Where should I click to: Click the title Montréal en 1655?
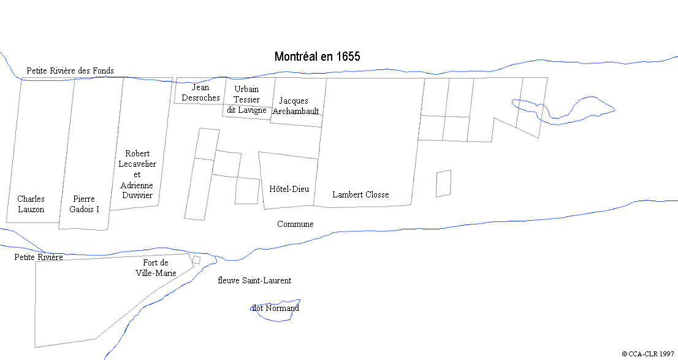tap(317, 56)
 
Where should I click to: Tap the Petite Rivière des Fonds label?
tap(70, 71)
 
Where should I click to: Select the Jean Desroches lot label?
tap(200, 93)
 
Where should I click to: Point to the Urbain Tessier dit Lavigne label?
tap(246, 99)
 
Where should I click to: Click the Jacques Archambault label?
tap(296, 105)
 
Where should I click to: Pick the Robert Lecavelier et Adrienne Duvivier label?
tap(137, 174)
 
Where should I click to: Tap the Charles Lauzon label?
tap(31, 204)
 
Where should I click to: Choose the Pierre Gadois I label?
tap(84, 204)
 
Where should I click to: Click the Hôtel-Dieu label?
tap(289, 189)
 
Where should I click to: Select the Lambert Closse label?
tap(360, 194)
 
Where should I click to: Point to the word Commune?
tap(295, 224)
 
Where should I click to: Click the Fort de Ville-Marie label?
tap(156, 268)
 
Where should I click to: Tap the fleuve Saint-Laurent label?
tap(254, 280)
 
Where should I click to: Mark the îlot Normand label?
tap(276, 308)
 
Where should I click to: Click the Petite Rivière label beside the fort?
tap(39, 257)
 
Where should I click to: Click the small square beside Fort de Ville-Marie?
tap(196, 261)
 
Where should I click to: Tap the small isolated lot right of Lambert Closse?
tap(443, 183)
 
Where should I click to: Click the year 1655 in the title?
tap(348, 56)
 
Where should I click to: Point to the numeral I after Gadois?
tap(97, 209)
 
